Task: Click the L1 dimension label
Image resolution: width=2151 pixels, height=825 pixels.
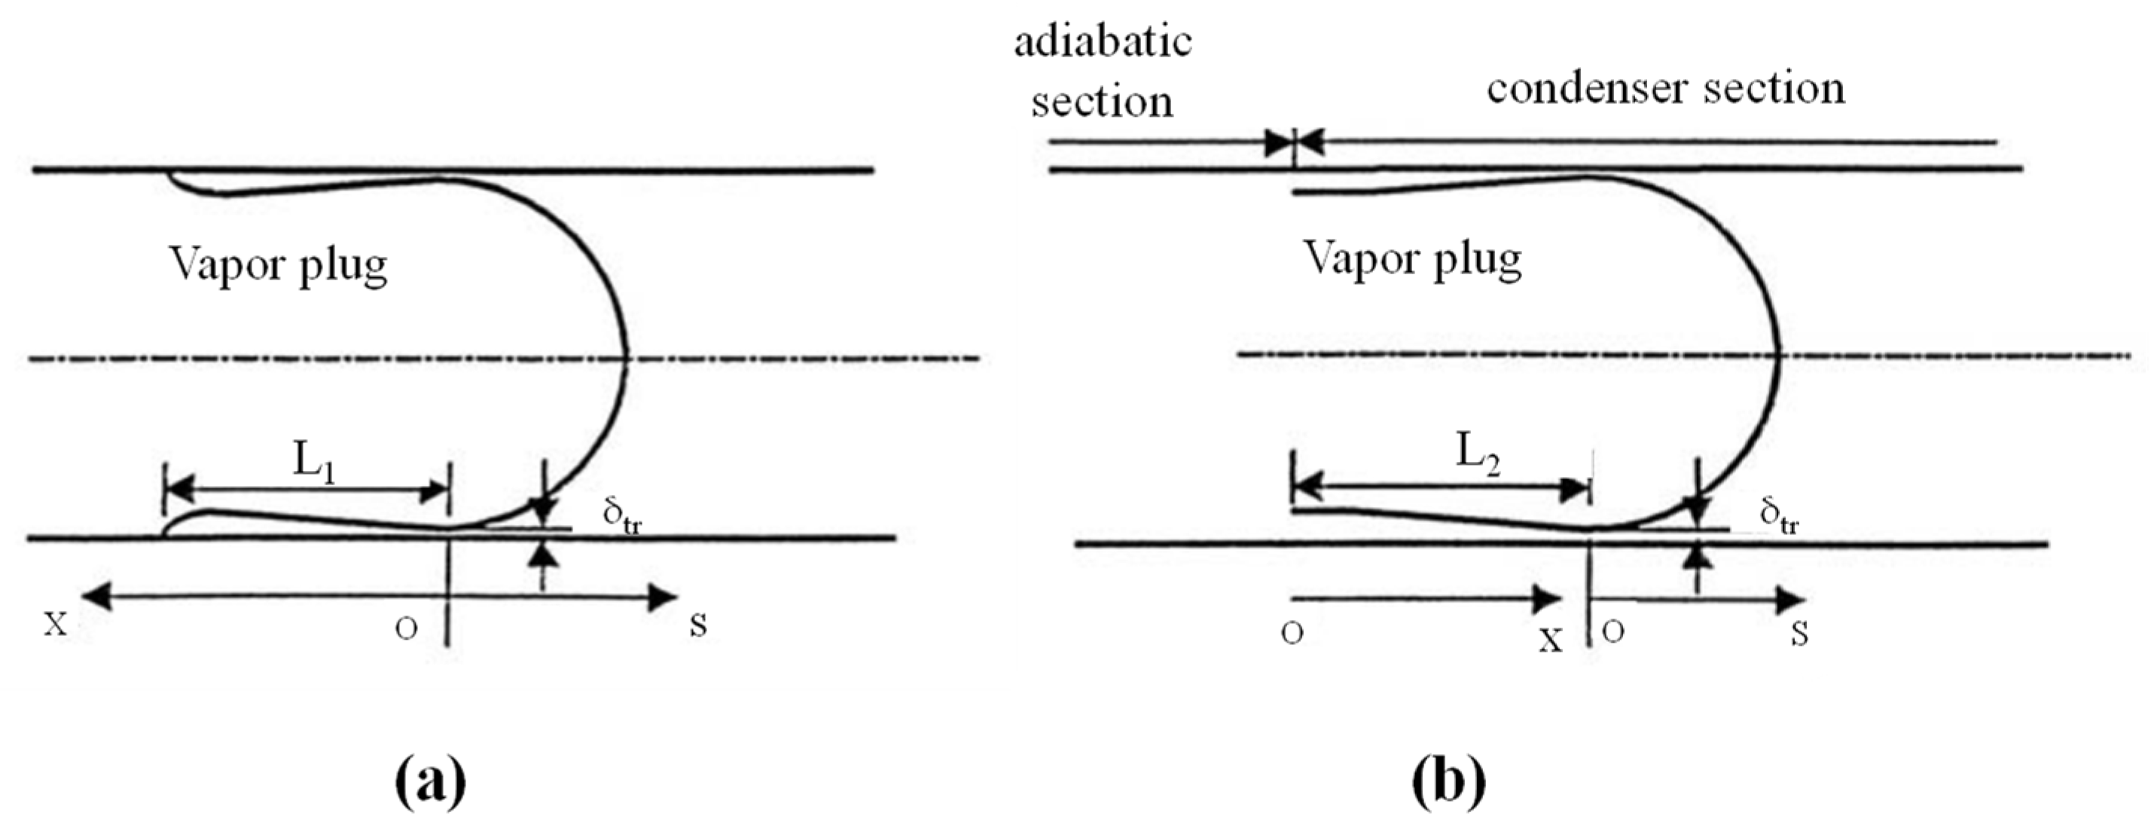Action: click(315, 465)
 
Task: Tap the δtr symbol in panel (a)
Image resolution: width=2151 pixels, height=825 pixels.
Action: click(622, 518)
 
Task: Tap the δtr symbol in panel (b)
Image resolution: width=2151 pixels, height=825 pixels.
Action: click(1779, 516)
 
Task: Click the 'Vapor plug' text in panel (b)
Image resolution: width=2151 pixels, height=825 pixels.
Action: click(1413, 260)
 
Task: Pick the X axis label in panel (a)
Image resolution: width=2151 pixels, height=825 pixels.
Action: click(56, 625)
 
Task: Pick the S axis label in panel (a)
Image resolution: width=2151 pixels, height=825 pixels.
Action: click(699, 625)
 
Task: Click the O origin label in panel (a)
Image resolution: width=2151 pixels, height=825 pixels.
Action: click(406, 629)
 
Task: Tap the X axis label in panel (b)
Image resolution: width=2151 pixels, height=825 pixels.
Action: click(1551, 640)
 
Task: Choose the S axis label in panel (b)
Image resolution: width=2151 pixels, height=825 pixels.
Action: click(1799, 634)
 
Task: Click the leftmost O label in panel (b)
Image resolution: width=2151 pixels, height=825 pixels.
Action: click(1292, 634)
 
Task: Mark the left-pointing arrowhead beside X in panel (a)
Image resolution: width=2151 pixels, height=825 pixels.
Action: click(93, 596)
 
